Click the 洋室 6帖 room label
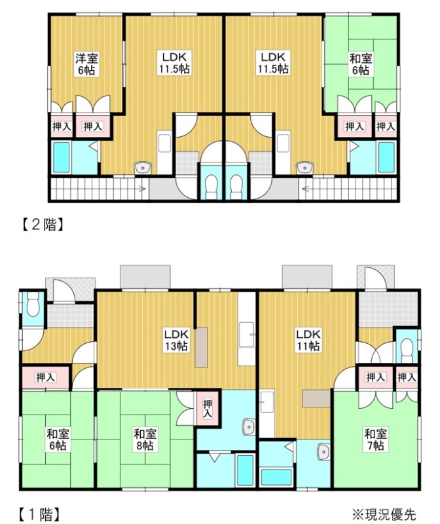point(86,64)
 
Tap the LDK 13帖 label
point(176,340)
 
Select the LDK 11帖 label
point(308,340)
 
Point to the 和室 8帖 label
point(145,440)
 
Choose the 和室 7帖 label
point(376,440)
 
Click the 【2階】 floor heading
point(43,224)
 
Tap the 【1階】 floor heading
point(39,514)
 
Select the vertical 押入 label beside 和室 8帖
point(208,409)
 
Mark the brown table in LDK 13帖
point(201,348)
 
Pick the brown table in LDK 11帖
point(316,398)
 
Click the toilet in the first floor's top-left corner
point(33,306)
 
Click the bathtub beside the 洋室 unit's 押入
point(62,158)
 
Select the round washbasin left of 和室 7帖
point(323,452)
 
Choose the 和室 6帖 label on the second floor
point(361,64)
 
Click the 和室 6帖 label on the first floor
point(58,440)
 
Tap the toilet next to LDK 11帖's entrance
point(407,350)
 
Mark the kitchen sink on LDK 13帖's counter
point(246,335)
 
